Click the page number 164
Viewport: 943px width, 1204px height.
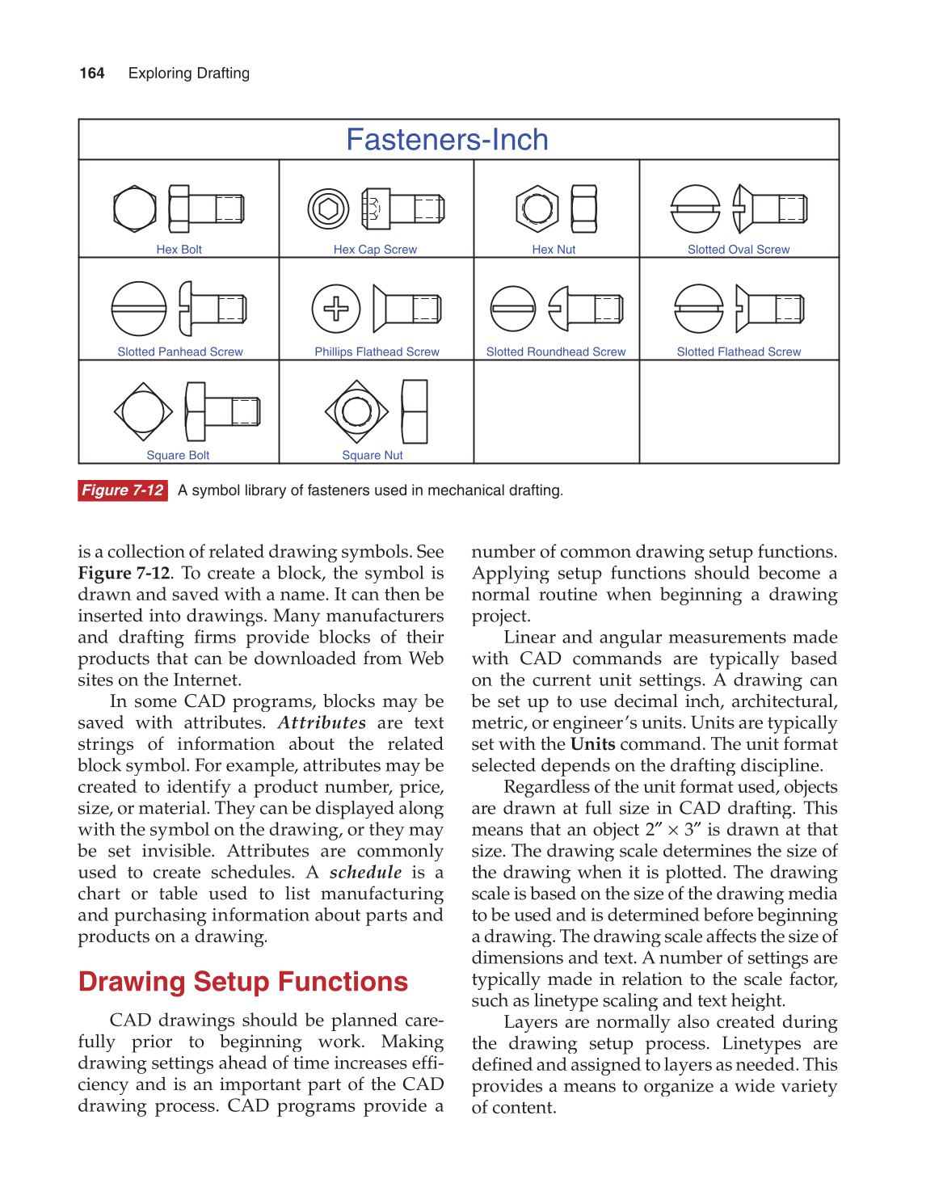[x=92, y=74]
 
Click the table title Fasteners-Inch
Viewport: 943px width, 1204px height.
[x=447, y=140]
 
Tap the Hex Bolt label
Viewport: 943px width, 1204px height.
[x=179, y=250]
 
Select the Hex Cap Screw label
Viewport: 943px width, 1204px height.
[x=375, y=250]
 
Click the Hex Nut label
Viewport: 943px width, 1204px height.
[x=554, y=250]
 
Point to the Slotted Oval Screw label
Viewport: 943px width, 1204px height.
[x=738, y=250]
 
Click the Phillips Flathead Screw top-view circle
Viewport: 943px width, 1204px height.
[x=336, y=309]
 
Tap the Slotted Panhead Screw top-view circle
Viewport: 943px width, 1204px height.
[x=139, y=309]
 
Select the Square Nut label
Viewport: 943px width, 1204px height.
[x=372, y=456]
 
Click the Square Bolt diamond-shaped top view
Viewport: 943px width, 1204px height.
[x=143, y=411]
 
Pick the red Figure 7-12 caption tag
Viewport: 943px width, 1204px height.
[x=123, y=490]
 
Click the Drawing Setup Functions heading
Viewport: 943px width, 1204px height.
[x=243, y=982]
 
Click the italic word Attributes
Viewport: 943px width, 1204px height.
[x=322, y=722]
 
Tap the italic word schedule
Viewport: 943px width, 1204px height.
[x=365, y=873]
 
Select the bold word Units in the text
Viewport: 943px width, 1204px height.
[x=592, y=744]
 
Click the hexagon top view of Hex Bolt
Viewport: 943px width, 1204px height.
[x=135, y=208]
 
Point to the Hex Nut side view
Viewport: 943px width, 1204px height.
[x=583, y=208]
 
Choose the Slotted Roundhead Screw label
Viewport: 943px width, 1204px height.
[x=555, y=352]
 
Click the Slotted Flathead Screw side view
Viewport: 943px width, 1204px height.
[x=769, y=309]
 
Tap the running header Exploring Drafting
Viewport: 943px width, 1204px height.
[x=189, y=74]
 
